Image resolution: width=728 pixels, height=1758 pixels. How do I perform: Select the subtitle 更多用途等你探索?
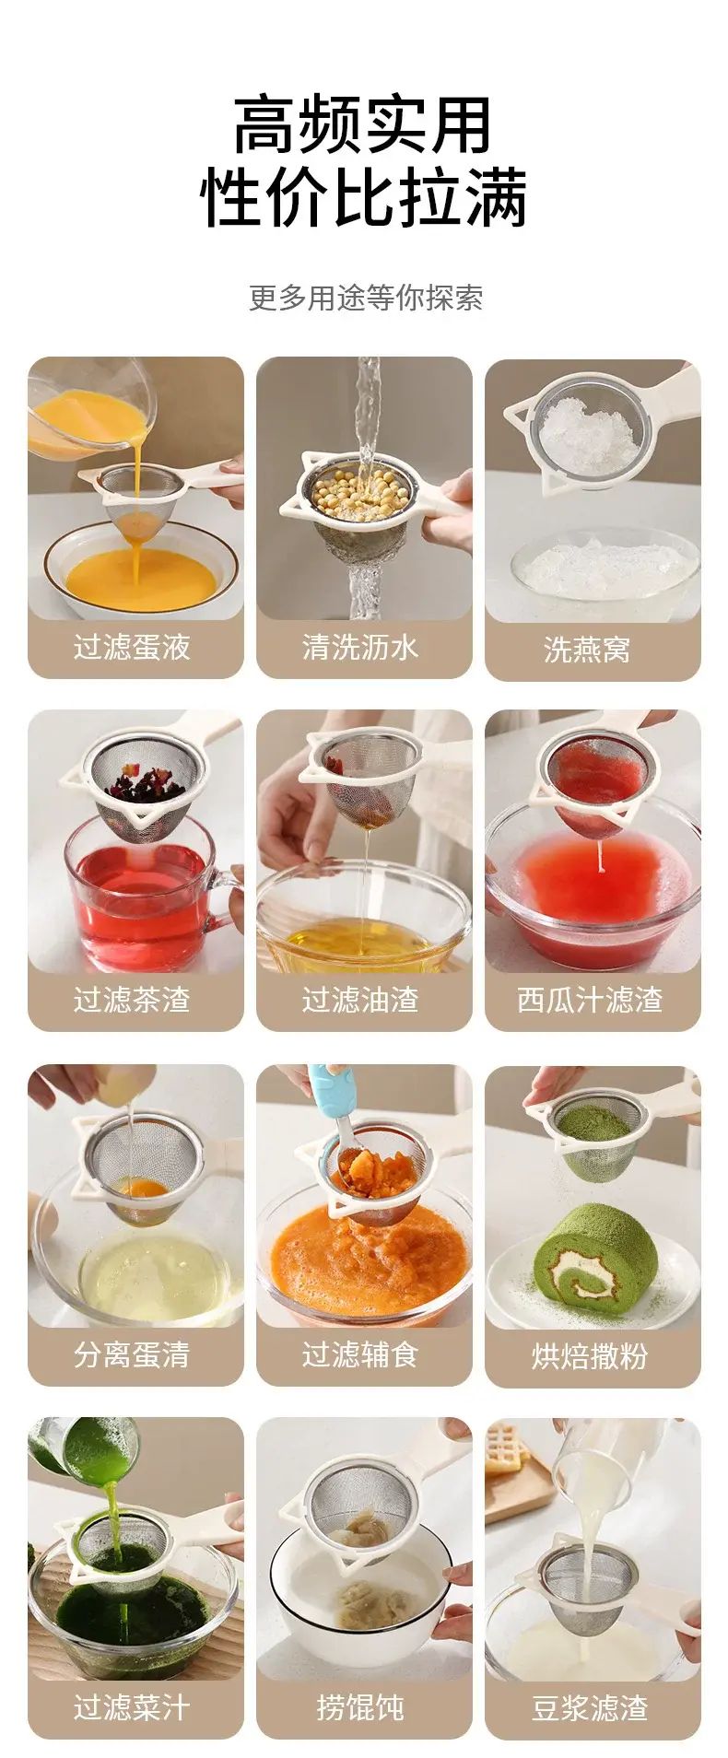pos(365,298)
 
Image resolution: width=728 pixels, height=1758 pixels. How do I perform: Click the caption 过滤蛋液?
pos(132,647)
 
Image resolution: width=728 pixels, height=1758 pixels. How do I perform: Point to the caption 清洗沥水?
pos(360,647)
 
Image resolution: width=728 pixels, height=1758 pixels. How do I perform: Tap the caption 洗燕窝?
pos(587,650)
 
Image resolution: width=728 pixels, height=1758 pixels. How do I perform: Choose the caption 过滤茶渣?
pos(132,1000)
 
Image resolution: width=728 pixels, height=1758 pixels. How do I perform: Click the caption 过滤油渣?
pos(360,1000)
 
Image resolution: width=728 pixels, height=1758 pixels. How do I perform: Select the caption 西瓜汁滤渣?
pos(590,1000)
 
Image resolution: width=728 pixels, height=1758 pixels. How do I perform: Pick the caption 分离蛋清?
pos(132,1354)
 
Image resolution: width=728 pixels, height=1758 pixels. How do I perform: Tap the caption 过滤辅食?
pos(360,1354)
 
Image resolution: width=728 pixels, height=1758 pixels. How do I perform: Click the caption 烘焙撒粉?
pos(590,1356)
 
